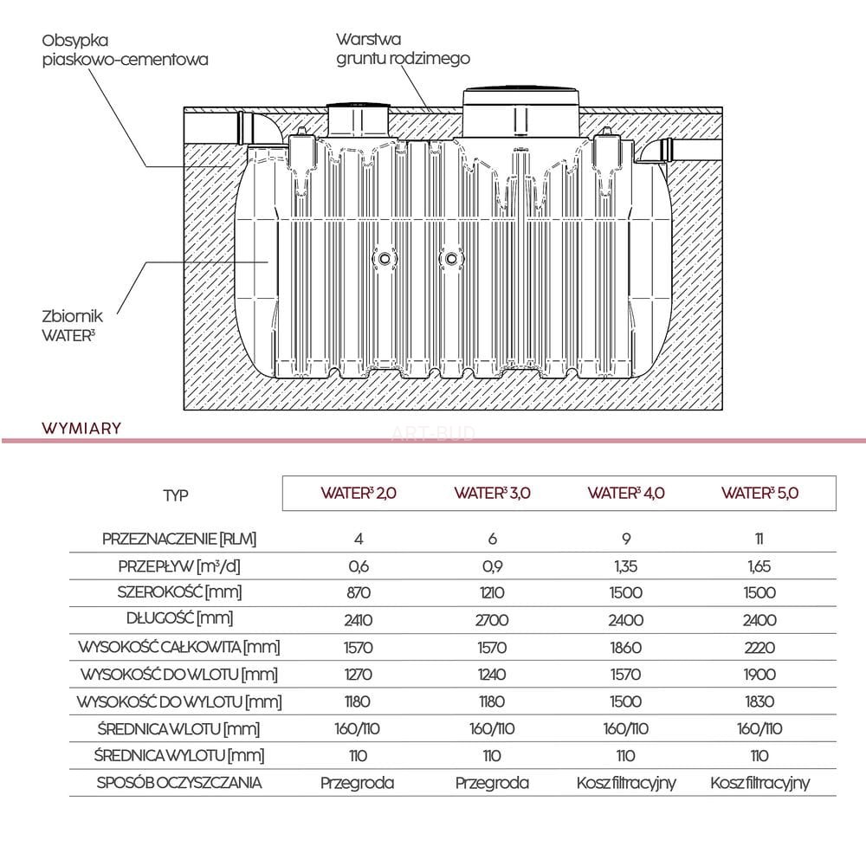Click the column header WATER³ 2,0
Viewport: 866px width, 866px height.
click(x=359, y=494)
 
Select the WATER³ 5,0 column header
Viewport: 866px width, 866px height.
click(x=759, y=494)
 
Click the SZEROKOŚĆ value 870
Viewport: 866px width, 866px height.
click(x=359, y=593)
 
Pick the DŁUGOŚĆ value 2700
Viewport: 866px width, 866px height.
click(x=492, y=621)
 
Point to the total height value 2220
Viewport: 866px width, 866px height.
click(x=759, y=648)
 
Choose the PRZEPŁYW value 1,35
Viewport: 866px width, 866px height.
click(x=626, y=566)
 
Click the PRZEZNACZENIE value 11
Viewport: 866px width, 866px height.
click(x=759, y=539)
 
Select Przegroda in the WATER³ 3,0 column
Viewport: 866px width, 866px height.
click(x=492, y=783)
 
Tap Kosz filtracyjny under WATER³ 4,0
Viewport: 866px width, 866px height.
click(x=626, y=783)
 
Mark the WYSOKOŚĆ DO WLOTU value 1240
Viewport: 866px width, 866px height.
click(x=492, y=675)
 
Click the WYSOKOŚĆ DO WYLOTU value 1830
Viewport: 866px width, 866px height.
click(x=759, y=701)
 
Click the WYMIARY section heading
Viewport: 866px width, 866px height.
click(x=81, y=428)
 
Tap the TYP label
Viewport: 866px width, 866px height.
click(x=175, y=495)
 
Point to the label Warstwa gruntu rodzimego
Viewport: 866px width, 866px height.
click(x=402, y=49)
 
